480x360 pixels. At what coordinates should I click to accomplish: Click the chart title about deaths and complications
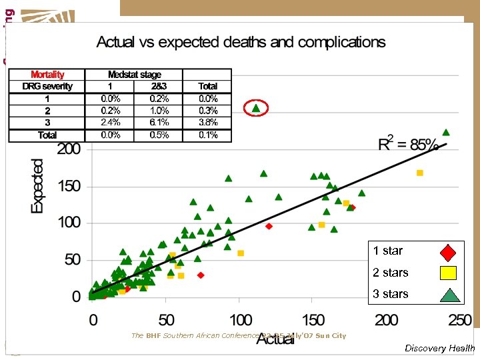[x=241, y=42]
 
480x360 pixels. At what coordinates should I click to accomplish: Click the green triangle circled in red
[x=256, y=107]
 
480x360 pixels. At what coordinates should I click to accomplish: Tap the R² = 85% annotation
[x=408, y=145]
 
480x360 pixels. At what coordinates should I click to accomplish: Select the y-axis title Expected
[x=38, y=185]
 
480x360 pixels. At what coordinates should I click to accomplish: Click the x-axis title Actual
[x=275, y=339]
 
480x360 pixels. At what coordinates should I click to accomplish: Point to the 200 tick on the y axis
[x=68, y=149]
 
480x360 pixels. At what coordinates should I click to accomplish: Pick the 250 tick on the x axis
[x=459, y=319]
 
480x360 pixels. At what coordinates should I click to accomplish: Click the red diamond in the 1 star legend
[x=448, y=252]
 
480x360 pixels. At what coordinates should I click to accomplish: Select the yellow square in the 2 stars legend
[x=448, y=273]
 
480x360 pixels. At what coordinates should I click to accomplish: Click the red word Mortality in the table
[x=47, y=75]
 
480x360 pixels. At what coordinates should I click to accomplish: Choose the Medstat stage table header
[x=135, y=75]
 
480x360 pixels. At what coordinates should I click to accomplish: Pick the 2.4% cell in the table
[x=111, y=122]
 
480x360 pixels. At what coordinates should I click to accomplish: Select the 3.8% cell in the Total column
[x=208, y=122]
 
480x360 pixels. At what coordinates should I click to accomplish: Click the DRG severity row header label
[x=47, y=86]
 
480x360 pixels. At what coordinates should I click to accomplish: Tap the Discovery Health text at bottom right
[x=439, y=348]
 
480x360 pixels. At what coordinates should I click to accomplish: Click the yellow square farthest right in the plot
[x=420, y=173]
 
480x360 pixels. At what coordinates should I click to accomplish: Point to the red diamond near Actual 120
[x=269, y=226]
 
